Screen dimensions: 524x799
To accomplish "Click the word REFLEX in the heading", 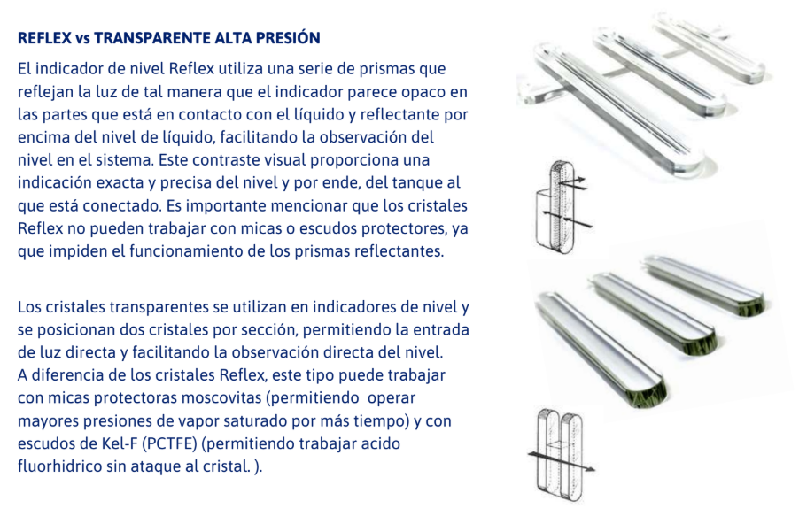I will coord(43,39).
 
